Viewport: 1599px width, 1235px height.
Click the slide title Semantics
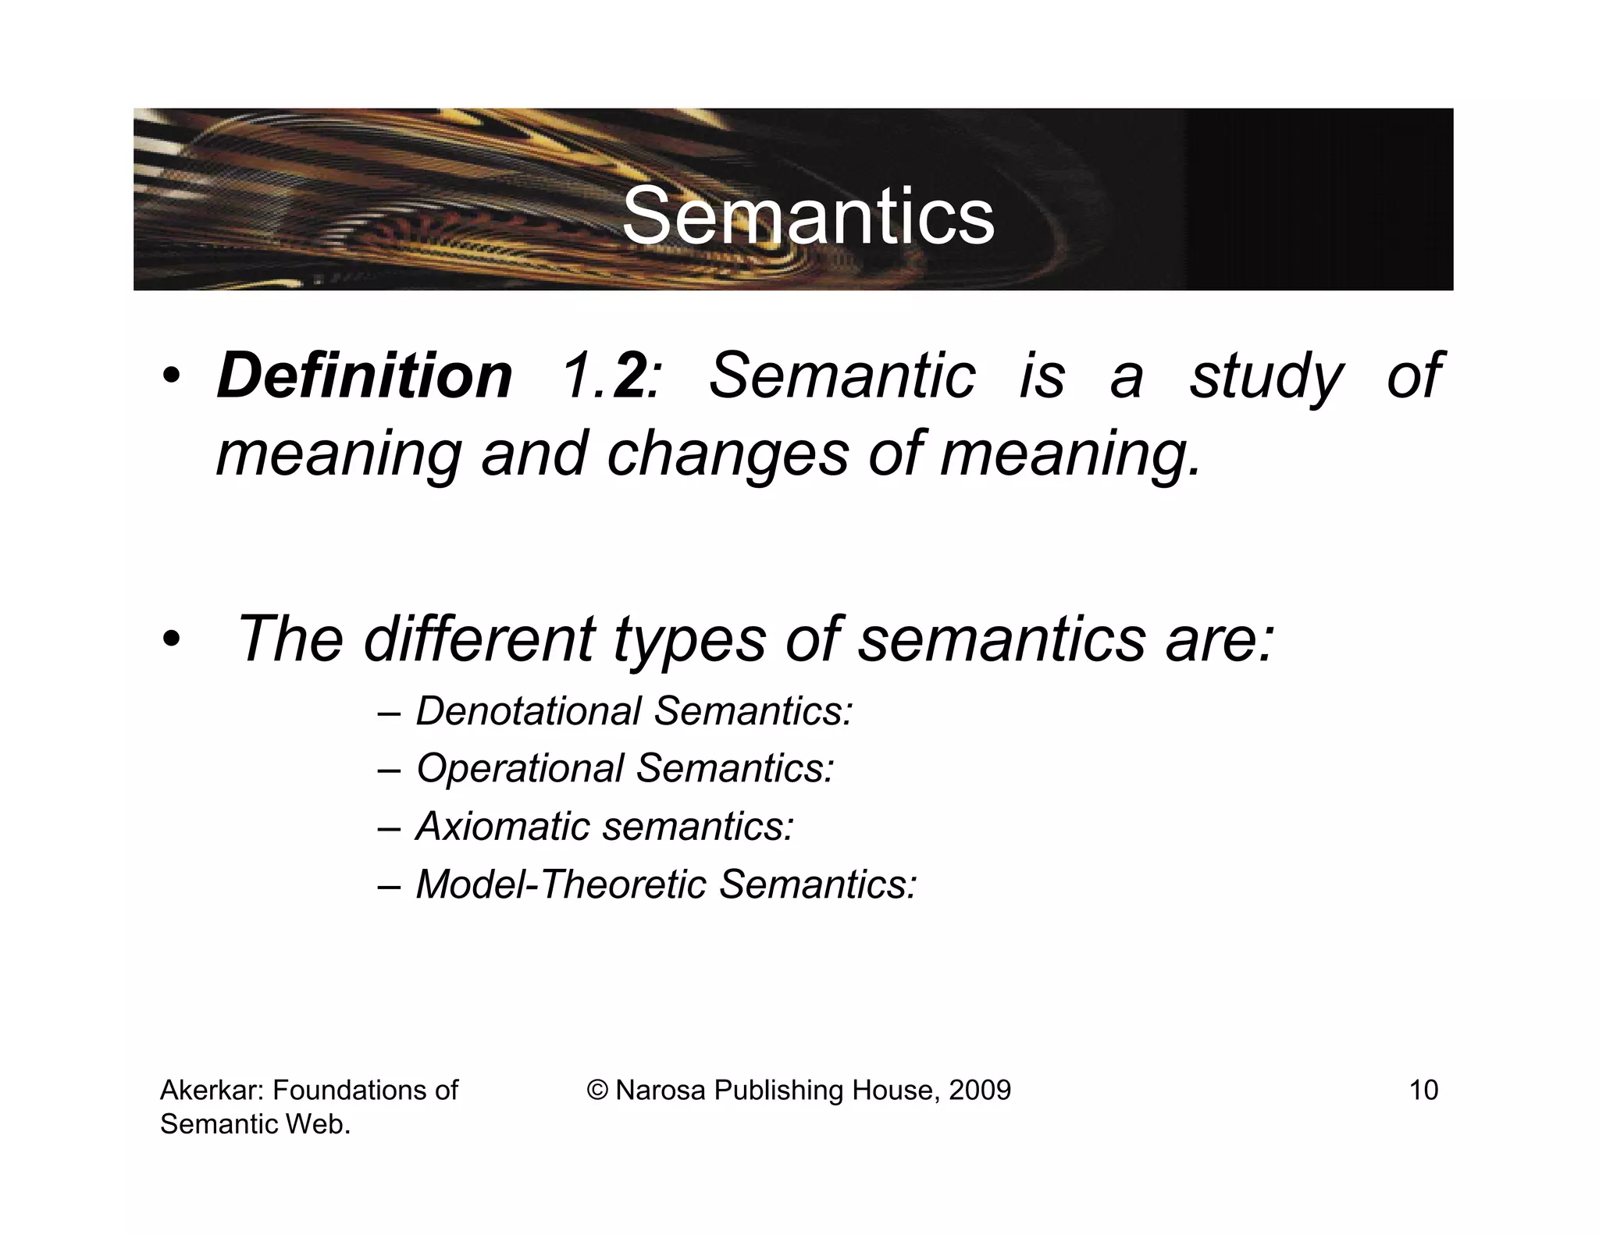[x=808, y=216]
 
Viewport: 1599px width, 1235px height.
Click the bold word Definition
[x=365, y=376]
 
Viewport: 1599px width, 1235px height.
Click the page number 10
[x=1423, y=1090]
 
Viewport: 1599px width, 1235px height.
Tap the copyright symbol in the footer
[x=598, y=1091]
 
